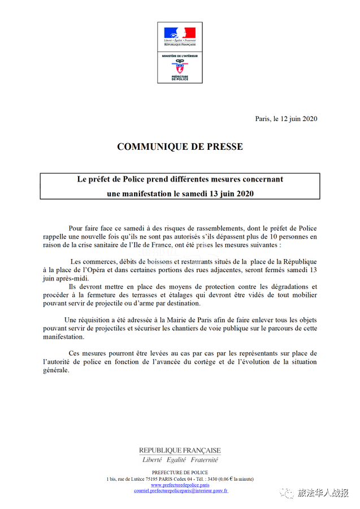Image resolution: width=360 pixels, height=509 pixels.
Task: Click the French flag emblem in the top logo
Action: coord(180,32)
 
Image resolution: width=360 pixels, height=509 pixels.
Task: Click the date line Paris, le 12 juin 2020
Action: coord(286,119)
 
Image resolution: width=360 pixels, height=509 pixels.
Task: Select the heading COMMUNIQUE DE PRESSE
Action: coord(180,146)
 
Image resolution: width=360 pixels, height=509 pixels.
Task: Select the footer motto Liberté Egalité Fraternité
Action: coord(180,460)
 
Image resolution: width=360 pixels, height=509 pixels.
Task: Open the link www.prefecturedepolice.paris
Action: coord(180,485)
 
